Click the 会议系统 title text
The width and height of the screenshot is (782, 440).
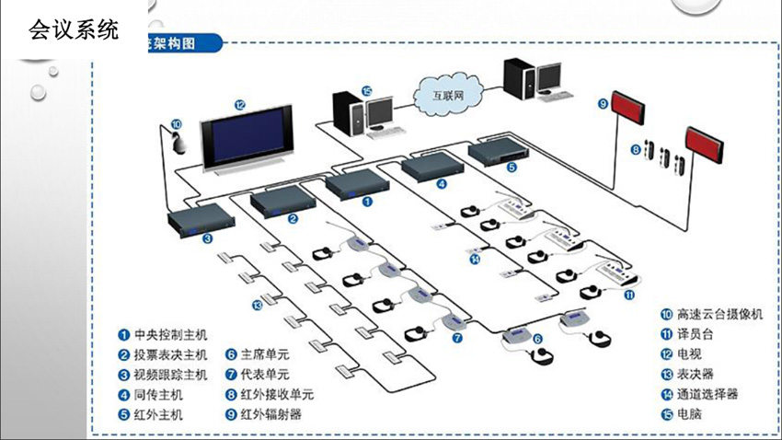point(74,30)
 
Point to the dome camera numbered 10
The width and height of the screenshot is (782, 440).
point(177,141)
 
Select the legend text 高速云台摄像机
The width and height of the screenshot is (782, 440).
point(719,314)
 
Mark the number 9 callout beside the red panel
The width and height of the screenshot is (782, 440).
point(603,104)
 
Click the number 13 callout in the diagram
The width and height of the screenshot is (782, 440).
point(257,305)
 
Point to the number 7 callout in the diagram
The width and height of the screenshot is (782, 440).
point(457,339)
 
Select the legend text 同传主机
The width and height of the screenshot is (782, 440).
point(158,394)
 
